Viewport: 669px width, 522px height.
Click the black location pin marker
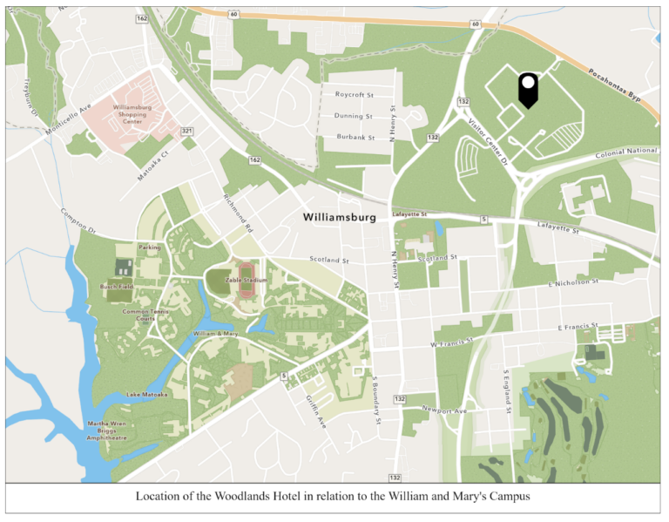(527, 89)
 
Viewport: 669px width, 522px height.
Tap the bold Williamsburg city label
(339, 217)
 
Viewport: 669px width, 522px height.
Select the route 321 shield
(186, 131)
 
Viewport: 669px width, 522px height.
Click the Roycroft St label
(354, 94)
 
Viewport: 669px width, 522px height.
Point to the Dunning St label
(354, 116)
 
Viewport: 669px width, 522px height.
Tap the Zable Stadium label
(245, 280)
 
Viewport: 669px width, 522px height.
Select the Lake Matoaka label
(146, 395)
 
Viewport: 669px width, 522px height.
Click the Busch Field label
(116, 286)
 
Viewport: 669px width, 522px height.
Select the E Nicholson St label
(573, 282)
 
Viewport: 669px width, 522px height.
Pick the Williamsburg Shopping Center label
(132, 114)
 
